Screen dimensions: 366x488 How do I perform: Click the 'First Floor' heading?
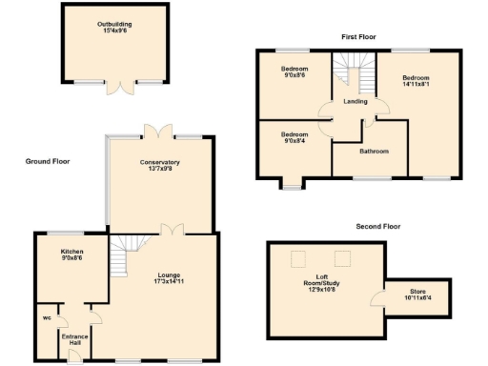point(359,36)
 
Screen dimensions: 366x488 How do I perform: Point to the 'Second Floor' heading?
point(378,227)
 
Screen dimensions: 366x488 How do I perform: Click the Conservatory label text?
point(160,162)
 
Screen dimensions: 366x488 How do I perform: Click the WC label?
point(46,317)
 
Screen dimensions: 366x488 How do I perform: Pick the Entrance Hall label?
point(75,340)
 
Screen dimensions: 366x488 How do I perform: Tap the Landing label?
point(356,102)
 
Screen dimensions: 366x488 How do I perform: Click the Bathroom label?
point(374,151)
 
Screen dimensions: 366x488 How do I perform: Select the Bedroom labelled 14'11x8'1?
point(417,83)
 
